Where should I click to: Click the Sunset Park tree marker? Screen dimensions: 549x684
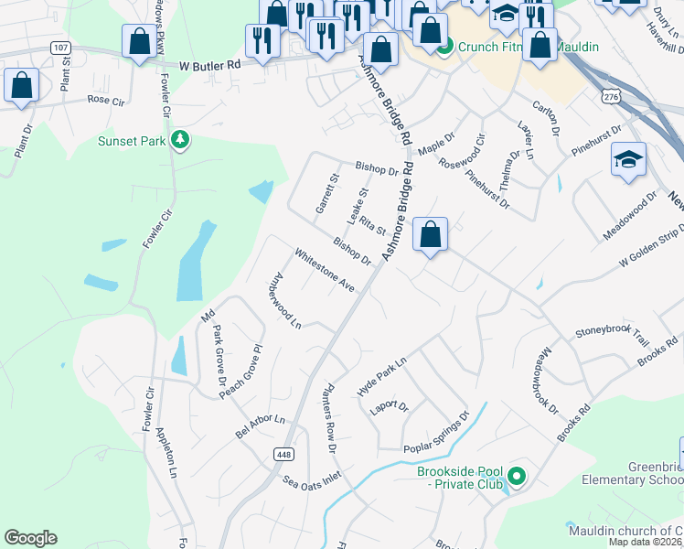coord(181,140)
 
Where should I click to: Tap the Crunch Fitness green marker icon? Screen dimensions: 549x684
coord(444,46)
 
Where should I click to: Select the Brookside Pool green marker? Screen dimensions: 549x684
coord(517,475)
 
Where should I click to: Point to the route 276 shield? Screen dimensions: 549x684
coord(612,96)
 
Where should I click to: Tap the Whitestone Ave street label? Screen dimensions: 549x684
coord(324,272)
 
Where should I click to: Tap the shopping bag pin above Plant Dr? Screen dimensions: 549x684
coord(20,86)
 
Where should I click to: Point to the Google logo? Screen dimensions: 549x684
coord(30,538)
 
